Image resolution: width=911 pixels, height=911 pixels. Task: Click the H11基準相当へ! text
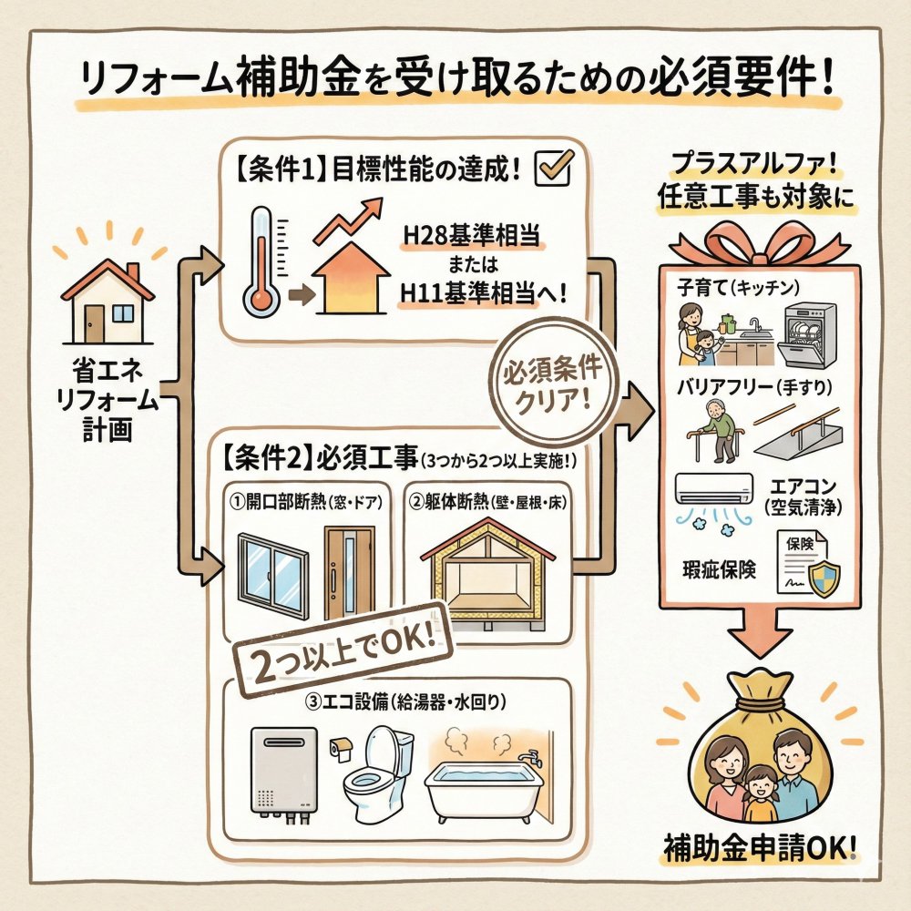click(x=484, y=293)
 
